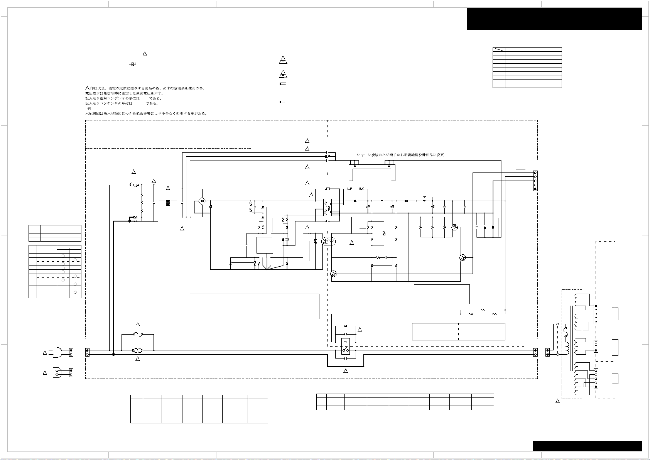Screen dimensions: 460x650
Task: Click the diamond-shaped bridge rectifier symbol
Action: [x=201, y=201]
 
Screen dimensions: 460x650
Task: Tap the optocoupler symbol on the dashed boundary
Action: [x=329, y=242]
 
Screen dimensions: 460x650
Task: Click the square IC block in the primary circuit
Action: [x=265, y=245]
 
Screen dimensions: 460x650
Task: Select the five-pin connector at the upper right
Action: [x=535, y=181]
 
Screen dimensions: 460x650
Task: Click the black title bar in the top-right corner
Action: [x=554, y=19]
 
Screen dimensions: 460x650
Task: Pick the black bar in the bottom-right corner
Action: [x=587, y=446]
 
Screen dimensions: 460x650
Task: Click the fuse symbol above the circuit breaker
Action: [x=138, y=334]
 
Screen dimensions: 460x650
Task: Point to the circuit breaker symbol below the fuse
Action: [x=138, y=351]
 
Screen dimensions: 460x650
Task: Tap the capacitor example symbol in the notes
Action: [x=133, y=64]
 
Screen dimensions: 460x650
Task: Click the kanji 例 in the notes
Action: [x=89, y=108]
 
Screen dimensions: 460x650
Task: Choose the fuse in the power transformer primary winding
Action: [x=566, y=331]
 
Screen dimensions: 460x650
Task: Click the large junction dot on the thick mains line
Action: [x=113, y=354]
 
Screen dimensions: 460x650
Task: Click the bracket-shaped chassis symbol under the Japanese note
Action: [x=372, y=172]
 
